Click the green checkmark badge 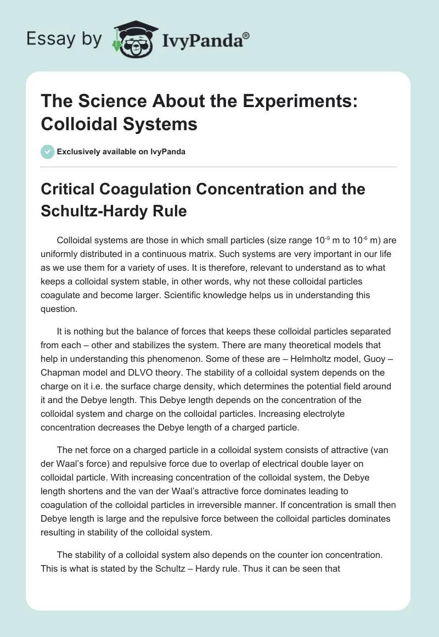48,152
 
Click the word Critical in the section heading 68,189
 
